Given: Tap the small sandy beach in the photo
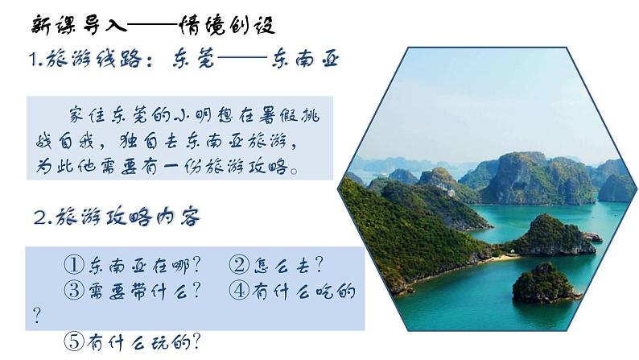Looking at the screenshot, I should tap(505, 257).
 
